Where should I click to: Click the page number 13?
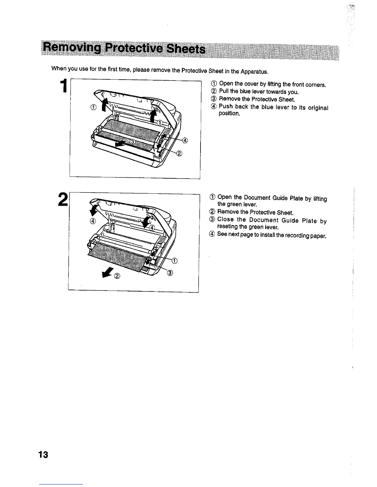point(43,454)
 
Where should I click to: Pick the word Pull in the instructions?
point(224,92)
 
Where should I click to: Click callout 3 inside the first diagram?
point(132,141)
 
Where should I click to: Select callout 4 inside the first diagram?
point(185,141)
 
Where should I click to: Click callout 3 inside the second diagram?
point(170,273)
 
